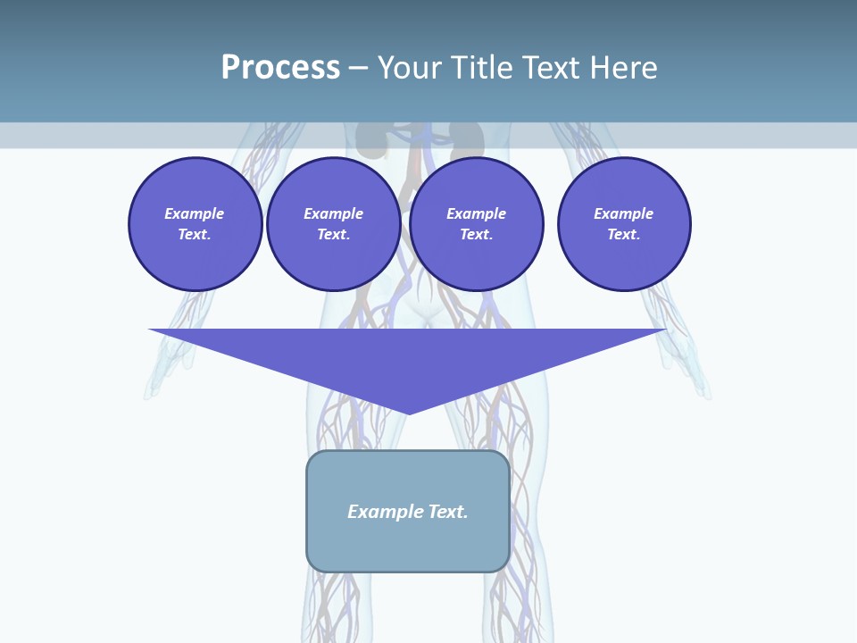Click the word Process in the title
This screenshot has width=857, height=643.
[x=280, y=68]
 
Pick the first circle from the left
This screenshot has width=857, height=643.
[x=195, y=224]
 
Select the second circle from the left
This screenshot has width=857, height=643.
[x=333, y=224]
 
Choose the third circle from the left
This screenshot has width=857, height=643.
[x=476, y=224]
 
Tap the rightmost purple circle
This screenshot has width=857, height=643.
[x=624, y=224]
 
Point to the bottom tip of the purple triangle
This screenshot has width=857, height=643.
[x=408, y=412]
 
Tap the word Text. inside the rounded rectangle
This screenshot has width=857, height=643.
[x=447, y=512]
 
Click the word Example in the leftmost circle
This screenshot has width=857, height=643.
[x=195, y=213]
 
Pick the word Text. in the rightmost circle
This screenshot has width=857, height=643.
[x=624, y=235]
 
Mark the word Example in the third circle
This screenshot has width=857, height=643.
[x=476, y=213]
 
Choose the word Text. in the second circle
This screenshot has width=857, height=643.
[x=333, y=235]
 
